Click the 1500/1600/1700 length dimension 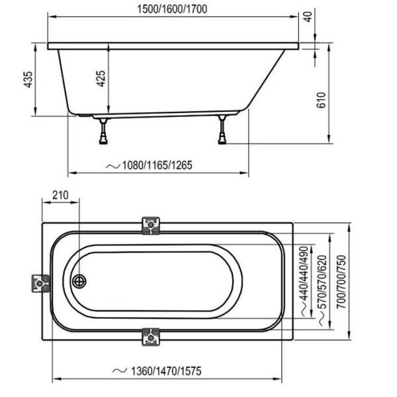coord(172,9)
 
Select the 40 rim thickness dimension coord(308,17)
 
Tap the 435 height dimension coord(28,79)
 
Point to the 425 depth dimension coord(101,79)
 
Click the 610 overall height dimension coord(322,100)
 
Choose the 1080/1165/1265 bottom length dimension coord(157,165)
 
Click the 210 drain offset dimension coord(60,195)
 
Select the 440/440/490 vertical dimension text coord(304,273)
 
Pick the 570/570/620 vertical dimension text coord(322,282)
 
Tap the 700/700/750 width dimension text coord(341,282)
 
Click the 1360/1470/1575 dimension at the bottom coord(166,371)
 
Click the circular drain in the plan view coord(79,281)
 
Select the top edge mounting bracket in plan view coord(151,226)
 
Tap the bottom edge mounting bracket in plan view coord(151,337)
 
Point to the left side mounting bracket coord(40,283)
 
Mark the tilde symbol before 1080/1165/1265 coord(112,166)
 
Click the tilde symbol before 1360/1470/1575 coord(120,371)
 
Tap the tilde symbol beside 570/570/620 coord(322,319)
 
